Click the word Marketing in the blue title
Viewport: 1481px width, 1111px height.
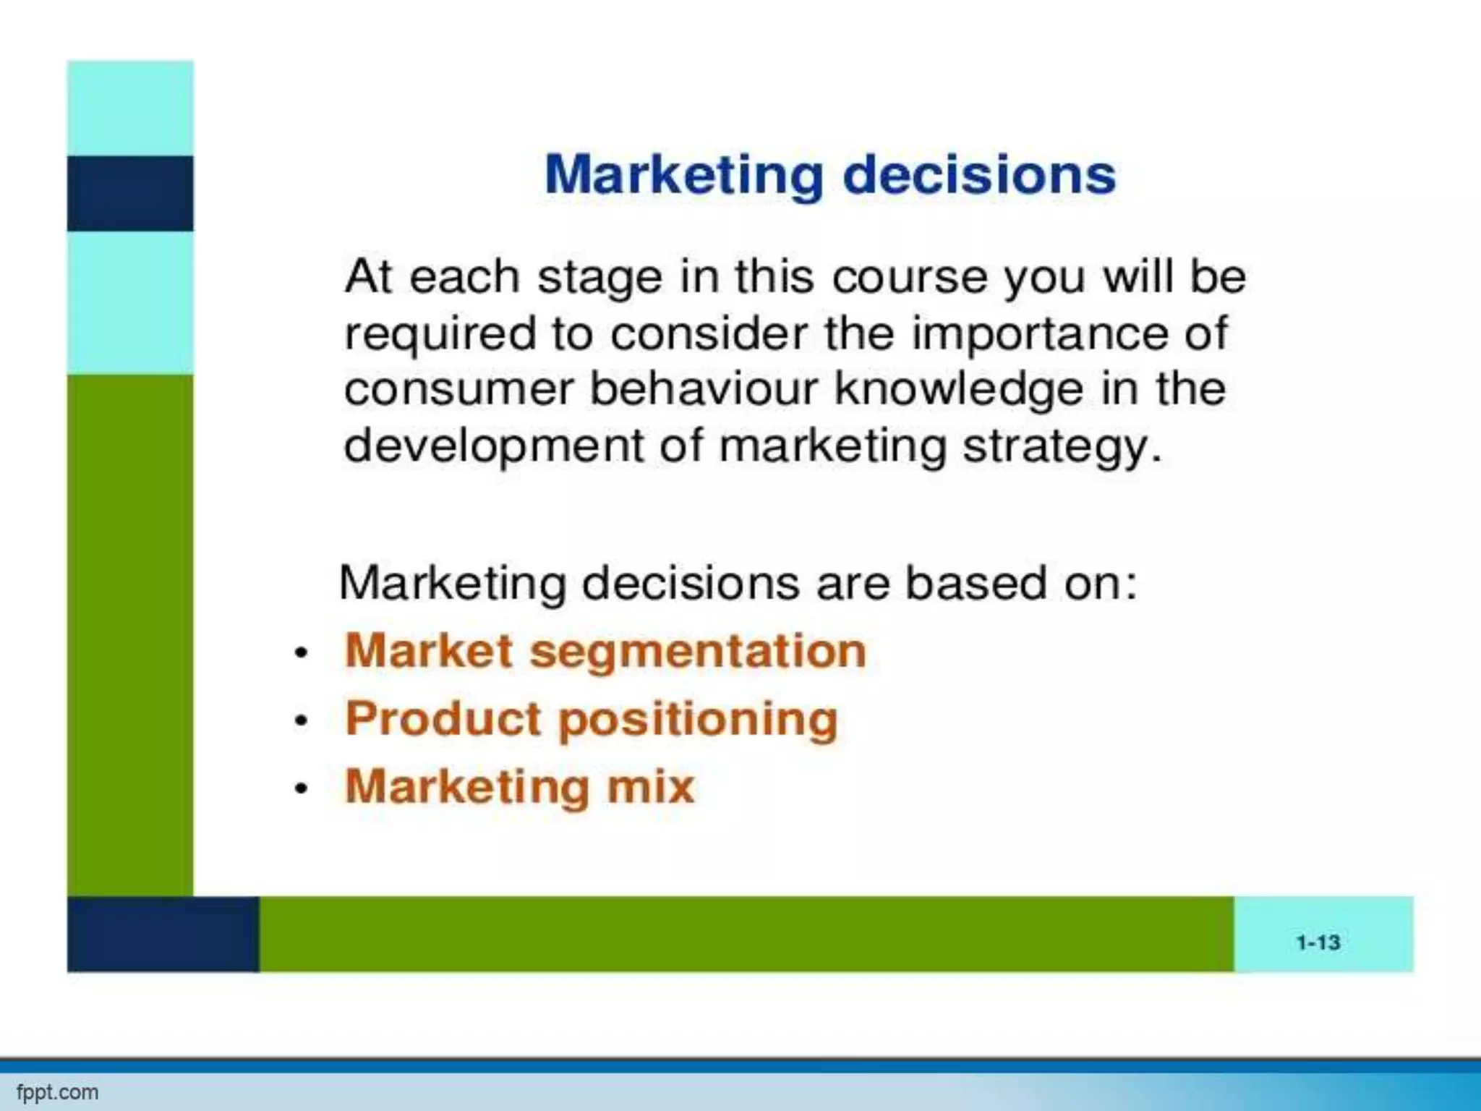tap(683, 176)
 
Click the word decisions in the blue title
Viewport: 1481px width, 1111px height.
tap(979, 176)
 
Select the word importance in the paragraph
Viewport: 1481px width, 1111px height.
tap(1038, 334)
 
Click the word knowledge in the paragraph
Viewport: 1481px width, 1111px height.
tap(959, 390)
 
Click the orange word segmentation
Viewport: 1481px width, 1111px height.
tap(698, 651)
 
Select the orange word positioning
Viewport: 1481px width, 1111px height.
tap(698, 720)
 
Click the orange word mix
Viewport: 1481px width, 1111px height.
tap(650, 786)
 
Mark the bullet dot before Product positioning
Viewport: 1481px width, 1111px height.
tap(302, 721)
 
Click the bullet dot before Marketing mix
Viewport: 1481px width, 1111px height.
tap(302, 788)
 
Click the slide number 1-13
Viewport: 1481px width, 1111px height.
tap(1318, 942)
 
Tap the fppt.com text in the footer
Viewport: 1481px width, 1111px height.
tap(57, 1092)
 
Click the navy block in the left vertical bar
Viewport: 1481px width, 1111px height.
tap(130, 193)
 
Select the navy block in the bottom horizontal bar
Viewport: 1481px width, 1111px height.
tap(163, 934)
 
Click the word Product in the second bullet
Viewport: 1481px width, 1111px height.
tap(443, 718)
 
